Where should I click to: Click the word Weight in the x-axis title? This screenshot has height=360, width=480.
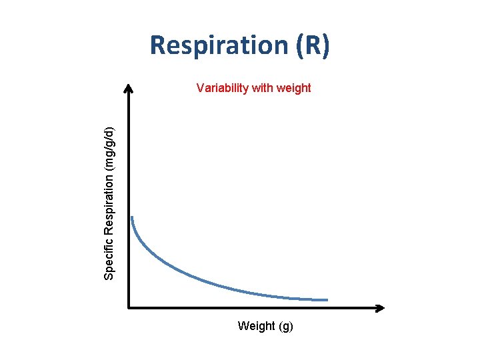pyautogui.click(x=256, y=326)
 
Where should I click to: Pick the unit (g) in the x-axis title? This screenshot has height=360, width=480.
pyautogui.click(x=285, y=327)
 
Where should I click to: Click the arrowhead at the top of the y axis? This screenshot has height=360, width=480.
pyautogui.click(x=129, y=87)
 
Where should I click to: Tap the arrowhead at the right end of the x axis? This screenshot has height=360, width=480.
pyautogui.click(x=381, y=308)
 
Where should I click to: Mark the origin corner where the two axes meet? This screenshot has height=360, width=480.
pyautogui.click(x=129, y=308)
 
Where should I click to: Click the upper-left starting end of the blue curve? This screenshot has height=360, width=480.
pyautogui.click(x=132, y=217)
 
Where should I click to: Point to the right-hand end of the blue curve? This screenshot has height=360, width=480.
pyautogui.click(x=327, y=299)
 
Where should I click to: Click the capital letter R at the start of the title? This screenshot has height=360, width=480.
pyautogui.click(x=158, y=46)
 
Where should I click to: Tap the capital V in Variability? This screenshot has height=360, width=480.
pyautogui.click(x=200, y=87)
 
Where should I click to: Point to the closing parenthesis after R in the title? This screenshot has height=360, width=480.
pyautogui.click(x=324, y=46)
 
